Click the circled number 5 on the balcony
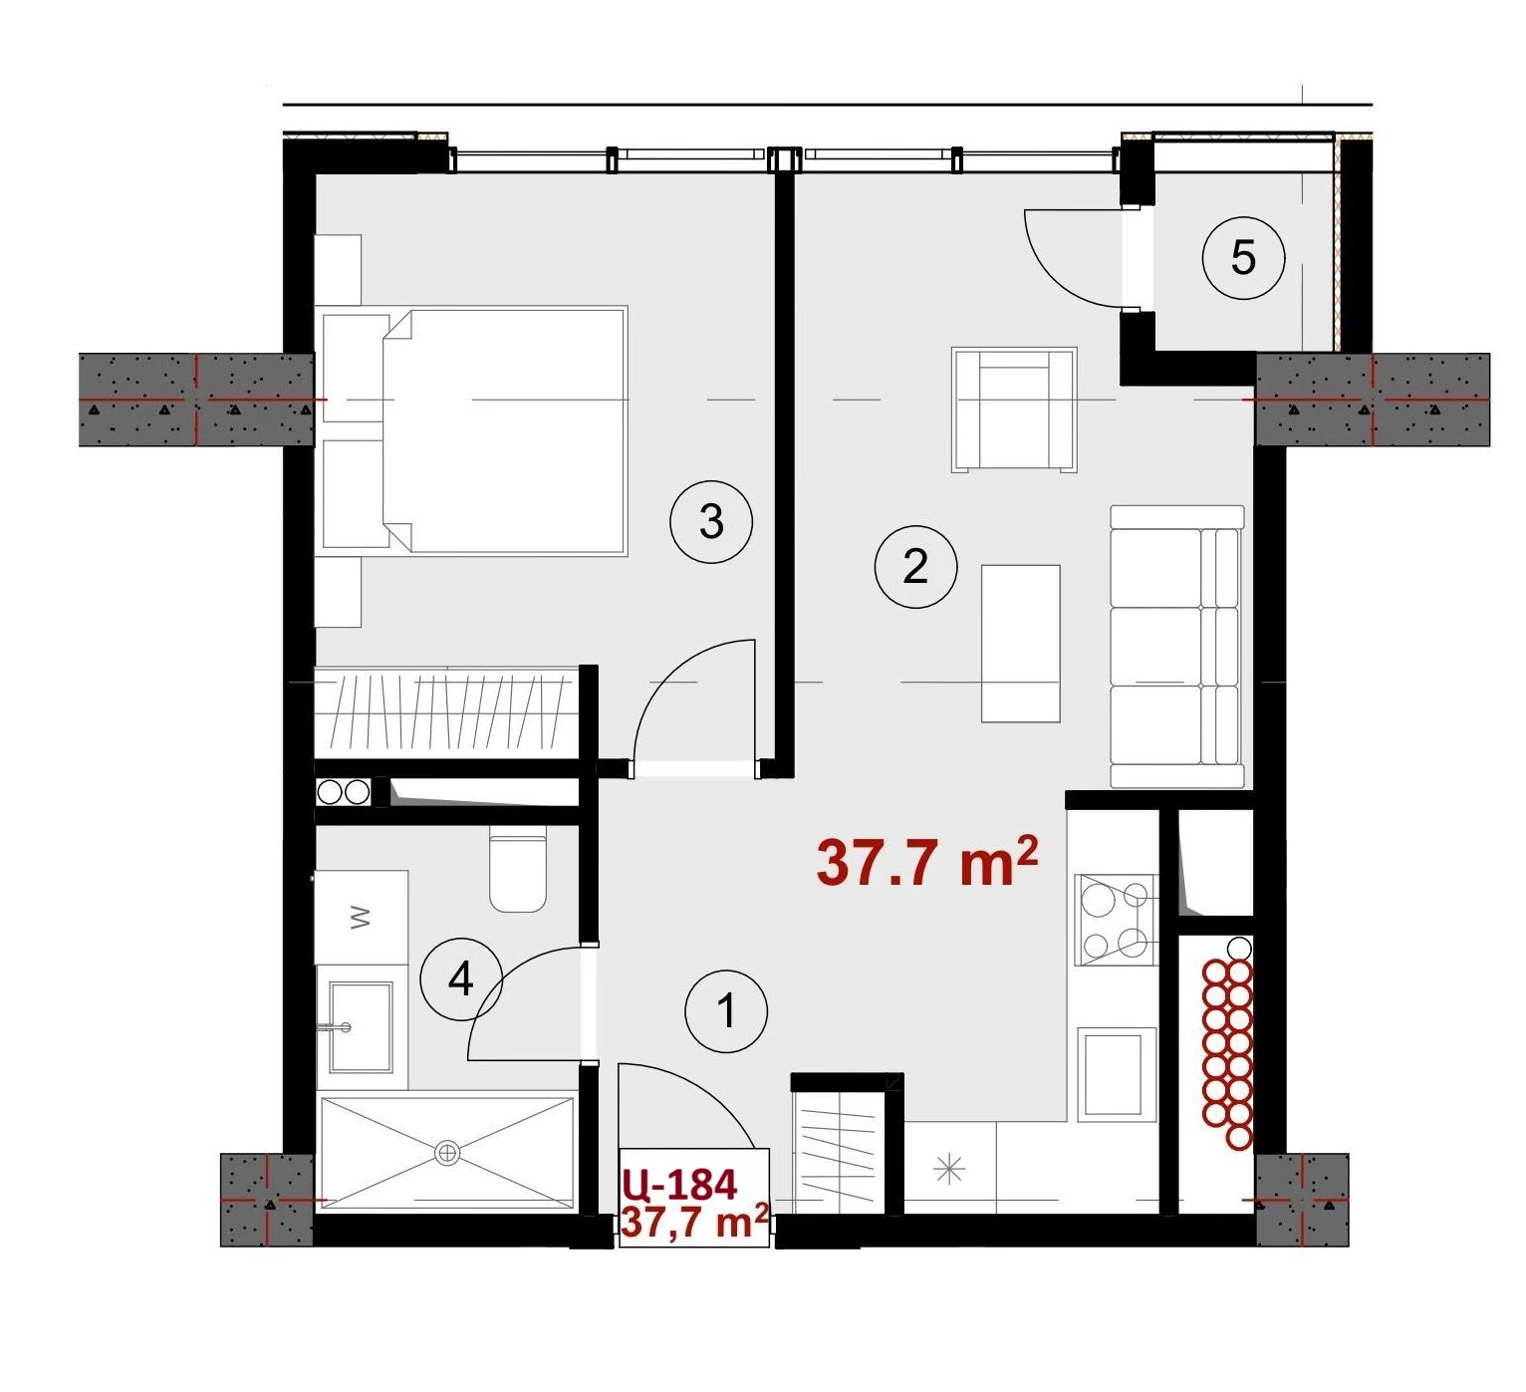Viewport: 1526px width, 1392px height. pos(1243,257)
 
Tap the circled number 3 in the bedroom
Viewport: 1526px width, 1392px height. pos(710,521)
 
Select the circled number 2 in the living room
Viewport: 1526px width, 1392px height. pos(915,566)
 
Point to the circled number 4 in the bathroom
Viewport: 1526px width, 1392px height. pos(461,978)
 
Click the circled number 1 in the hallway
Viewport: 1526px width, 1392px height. pos(726,1010)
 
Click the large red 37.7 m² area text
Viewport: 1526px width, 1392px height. pos(926,862)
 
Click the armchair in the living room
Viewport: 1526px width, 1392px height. pos(1014,411)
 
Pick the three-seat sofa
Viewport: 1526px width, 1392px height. pos(1176,647)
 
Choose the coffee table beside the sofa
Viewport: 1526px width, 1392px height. pos(1020,643)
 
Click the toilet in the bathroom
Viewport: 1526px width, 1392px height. pos(518,873)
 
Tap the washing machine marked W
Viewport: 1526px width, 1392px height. pos(362,918)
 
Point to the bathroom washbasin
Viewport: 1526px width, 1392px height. pos(361,1026)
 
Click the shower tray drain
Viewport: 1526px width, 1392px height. pos(447,1153)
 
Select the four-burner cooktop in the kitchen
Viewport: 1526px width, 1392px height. pos(1116,920)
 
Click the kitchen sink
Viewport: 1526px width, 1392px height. pos(1114,1073)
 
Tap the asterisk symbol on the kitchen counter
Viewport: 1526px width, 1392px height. pos(949,1168)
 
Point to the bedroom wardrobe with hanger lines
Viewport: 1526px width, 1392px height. pos(446,711)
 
